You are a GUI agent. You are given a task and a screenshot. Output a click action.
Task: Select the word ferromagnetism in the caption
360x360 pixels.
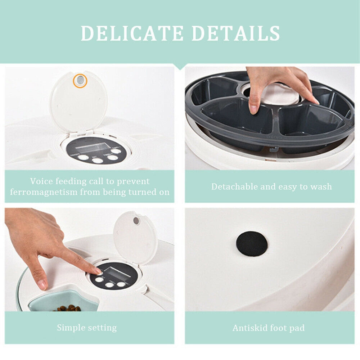44,192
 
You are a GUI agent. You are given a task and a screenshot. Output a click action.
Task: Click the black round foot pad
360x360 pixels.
252,244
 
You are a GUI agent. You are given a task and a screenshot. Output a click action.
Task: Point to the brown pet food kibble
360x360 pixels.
68,308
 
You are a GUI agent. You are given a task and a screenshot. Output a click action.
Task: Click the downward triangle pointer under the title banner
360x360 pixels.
180,66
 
